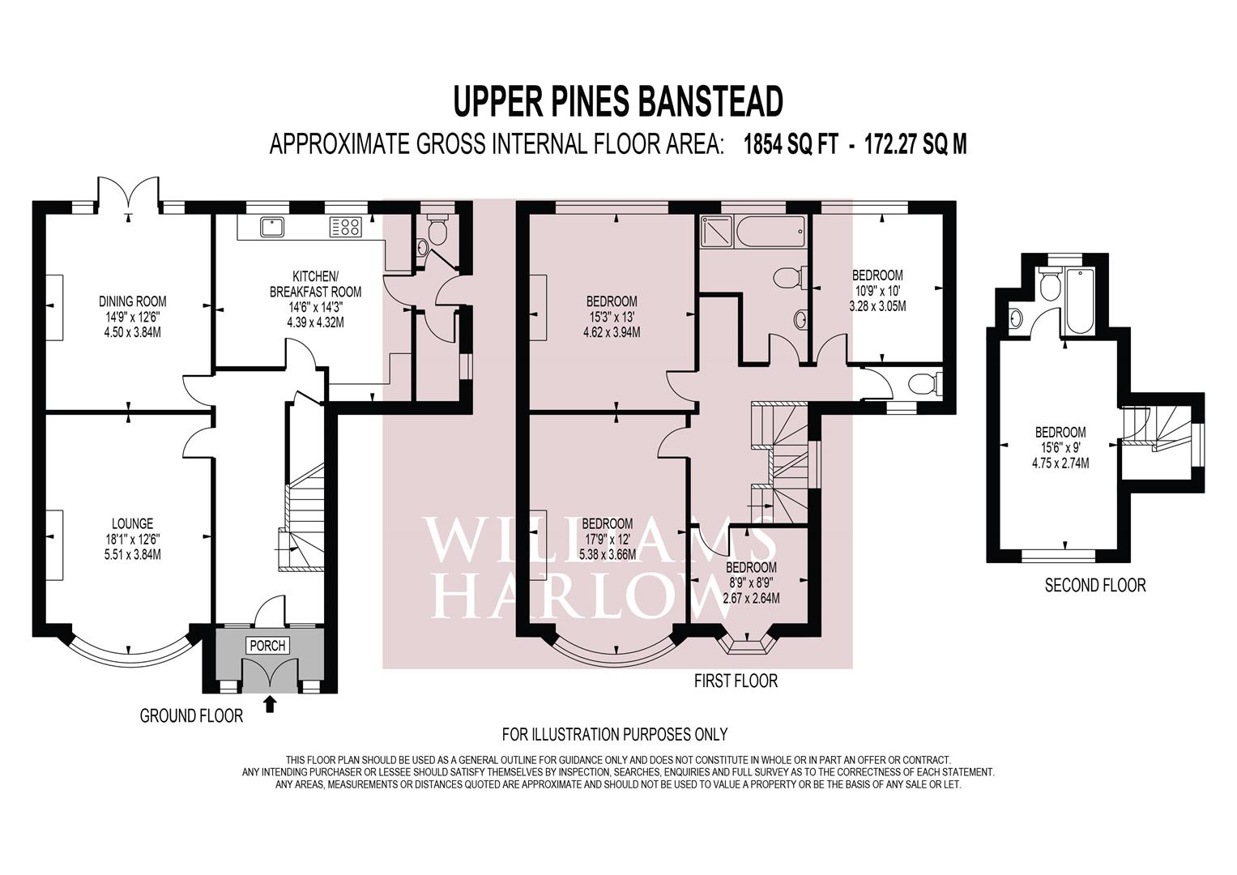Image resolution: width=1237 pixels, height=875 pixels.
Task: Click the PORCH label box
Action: tap(267, 646)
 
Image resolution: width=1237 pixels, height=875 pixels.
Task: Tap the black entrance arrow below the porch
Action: tap(271, 704)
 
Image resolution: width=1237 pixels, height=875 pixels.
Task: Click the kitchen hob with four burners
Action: tap(345, 228)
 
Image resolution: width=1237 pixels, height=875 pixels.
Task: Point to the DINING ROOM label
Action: tap(132, 301)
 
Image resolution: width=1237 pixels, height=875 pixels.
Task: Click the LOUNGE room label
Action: tap(132, 524)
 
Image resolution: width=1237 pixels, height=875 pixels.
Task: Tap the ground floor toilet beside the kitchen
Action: tap(437, 233)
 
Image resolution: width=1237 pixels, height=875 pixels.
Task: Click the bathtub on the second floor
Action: tap(1081, 301)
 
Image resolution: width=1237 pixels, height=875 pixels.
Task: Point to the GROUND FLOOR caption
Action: tap(191, 716)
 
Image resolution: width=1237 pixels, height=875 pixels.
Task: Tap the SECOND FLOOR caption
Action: tap(1094, 585)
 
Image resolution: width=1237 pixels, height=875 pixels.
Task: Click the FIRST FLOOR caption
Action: tap(736, 681)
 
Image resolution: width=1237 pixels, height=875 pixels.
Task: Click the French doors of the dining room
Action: tap(129, 193)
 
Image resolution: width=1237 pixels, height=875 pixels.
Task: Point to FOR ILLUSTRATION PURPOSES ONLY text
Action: tap(614, 735)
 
